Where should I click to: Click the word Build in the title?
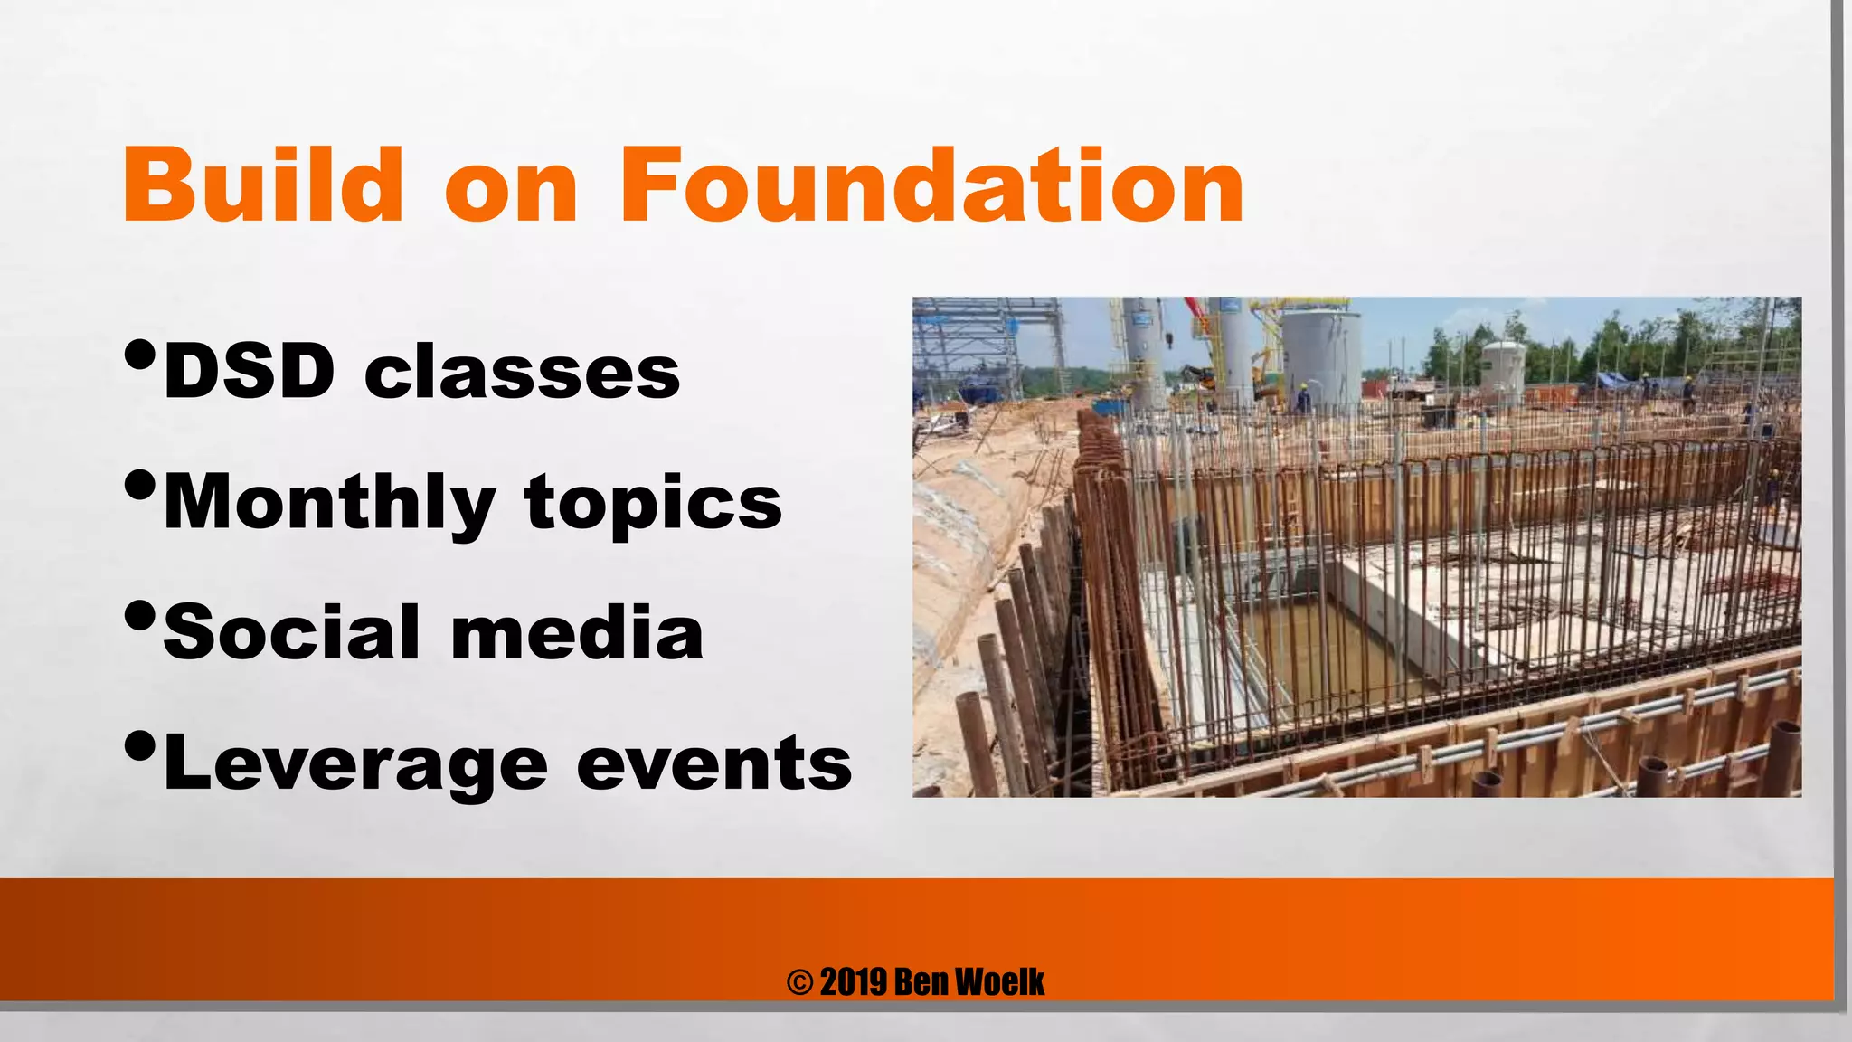(x=263, y=185)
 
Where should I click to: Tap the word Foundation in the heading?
(x=931, y=185)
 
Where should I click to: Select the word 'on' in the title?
(x=511, y=190)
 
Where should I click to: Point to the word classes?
(x=522, y=373)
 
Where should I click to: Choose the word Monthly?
(x=329, y=504)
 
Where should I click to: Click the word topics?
(x=653, y=504)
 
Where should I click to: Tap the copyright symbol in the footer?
(x=799, y=982)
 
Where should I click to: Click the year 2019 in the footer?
(x=853, y=982)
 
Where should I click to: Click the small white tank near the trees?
(x=1502, y=371)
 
